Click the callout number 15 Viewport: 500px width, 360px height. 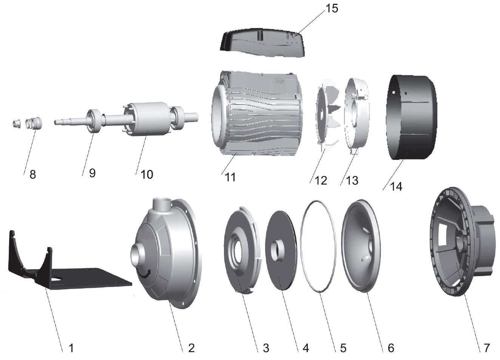[x=332, y=8]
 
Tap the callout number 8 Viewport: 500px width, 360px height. [x=33, y=175]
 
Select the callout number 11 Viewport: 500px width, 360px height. [x=230, y=177]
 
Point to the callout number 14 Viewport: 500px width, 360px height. [x=396, y=186]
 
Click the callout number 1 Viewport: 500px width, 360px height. [x=71, y=348]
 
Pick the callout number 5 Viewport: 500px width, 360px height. [x=343, y=348]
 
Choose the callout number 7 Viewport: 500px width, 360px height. [x=486, y=348]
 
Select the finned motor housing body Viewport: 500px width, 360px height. [x=257, y=113]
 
